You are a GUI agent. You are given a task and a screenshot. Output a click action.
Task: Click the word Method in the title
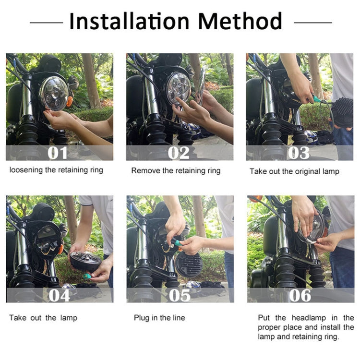pos(240,22)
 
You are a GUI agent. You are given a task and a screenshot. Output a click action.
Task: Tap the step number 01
pos(59,153)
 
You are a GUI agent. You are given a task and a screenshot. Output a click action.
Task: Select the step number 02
pos(180,153)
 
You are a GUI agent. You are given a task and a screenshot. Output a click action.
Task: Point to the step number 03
pos(300,153)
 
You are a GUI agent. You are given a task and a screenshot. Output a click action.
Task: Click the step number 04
pos(59,295)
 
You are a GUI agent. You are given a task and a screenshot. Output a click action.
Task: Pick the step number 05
pos(180,295)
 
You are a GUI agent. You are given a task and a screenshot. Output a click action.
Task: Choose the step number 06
pos(300,295)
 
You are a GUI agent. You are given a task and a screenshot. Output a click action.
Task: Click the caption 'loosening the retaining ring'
pos(56,170)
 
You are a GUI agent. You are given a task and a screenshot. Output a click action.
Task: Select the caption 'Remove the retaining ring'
pos(176,170)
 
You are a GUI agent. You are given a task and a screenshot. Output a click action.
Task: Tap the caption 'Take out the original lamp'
pos(294,171)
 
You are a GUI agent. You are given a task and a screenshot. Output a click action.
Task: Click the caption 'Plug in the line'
pos(159,318)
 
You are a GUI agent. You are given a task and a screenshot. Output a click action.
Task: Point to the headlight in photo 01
pos(54,93)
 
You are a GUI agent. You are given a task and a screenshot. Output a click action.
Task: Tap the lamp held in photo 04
pos(85,261)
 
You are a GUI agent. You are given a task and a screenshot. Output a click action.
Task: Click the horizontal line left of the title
pos(46,22)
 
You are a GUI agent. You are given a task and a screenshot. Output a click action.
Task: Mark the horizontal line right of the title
pos(312,22)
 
